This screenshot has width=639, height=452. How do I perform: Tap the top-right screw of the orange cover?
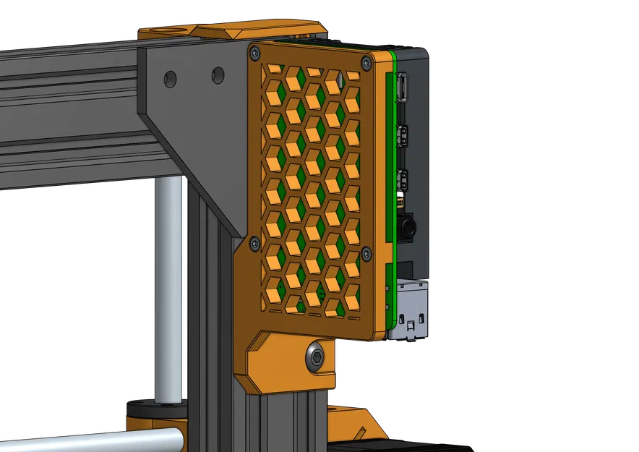point(369,64)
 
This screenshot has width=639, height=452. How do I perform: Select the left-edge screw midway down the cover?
point(254,244)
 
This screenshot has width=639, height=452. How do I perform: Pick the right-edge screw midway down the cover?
point(366,253)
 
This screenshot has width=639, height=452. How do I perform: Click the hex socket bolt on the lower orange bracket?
point(314,355)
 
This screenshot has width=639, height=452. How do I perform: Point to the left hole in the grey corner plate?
point(171,79)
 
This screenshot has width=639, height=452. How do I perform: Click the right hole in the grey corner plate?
point(218,74)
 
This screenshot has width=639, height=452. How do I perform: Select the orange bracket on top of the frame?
point(231,33)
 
